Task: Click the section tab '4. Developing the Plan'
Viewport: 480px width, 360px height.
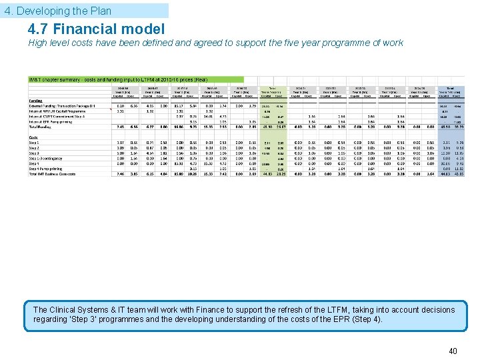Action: [58, 11]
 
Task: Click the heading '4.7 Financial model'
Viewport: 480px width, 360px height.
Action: [96, 29]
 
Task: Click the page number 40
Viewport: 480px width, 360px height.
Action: [453, 351]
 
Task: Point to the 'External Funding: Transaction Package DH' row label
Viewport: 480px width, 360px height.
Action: [62, 106]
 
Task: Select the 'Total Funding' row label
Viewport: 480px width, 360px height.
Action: [41, 127]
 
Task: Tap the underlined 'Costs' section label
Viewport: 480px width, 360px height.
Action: [34, 137]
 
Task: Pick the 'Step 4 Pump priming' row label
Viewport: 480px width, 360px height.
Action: [46, 169]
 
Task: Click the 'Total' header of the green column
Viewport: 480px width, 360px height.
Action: [272, 87]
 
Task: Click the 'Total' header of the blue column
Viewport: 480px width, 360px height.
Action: [451, 87]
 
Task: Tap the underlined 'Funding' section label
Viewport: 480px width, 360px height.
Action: [36, 100]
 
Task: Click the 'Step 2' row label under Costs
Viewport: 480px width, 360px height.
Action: [34, 148]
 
